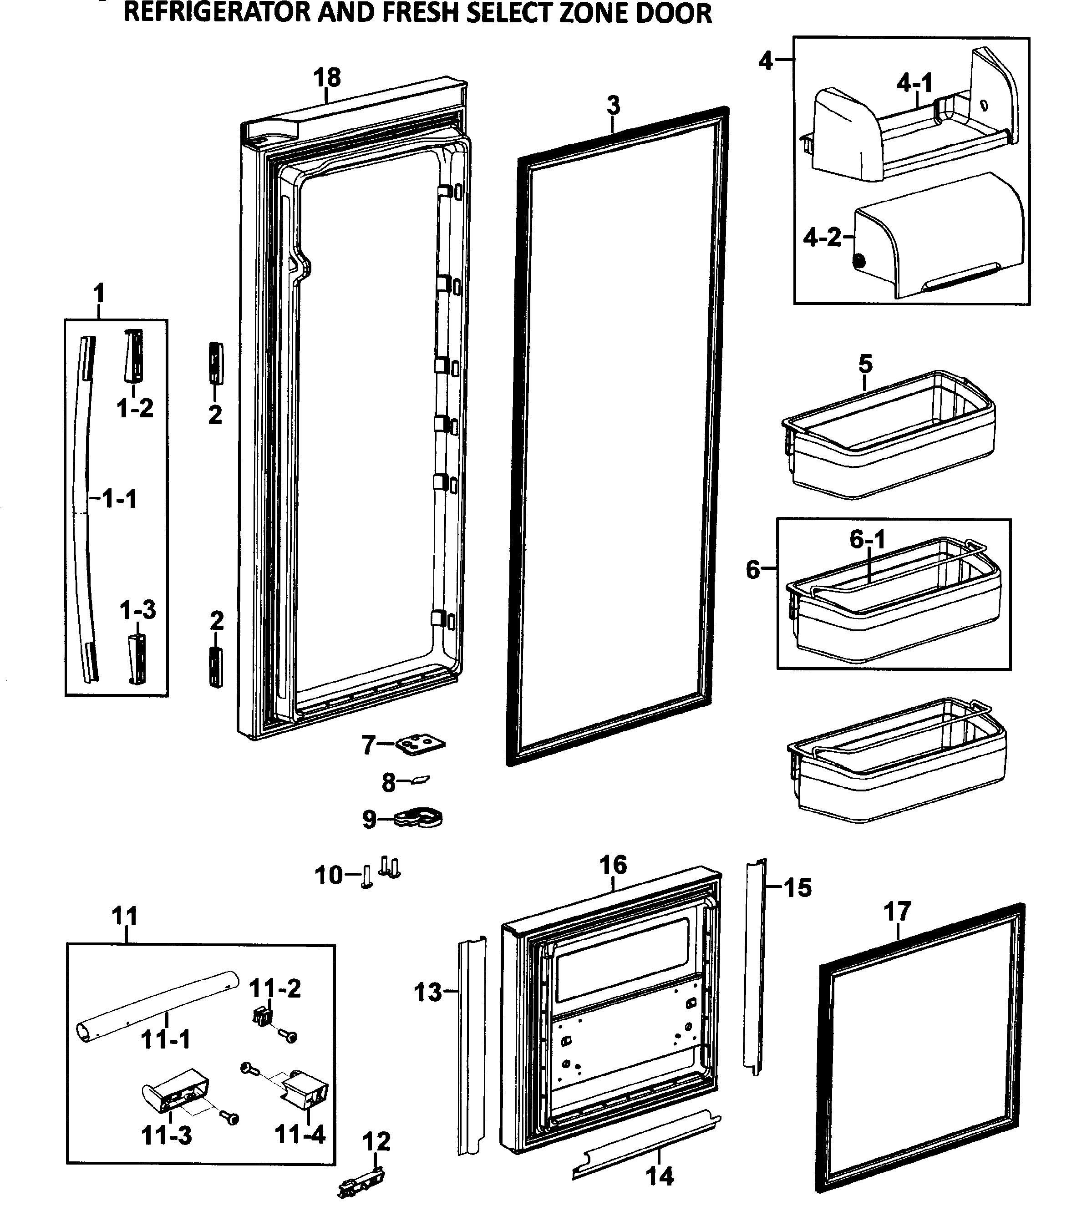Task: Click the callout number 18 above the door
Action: click(327, 77)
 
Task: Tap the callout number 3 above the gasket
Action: click(613, 106)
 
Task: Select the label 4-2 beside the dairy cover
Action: click(822, 238)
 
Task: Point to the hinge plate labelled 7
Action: click(421, 745)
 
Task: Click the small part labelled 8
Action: click(420, 780)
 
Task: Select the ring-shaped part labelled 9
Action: click(420, 817)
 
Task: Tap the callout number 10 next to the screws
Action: click(328, 876)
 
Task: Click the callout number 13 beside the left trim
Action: click(427, 993)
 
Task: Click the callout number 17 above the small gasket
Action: click(897, 912)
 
